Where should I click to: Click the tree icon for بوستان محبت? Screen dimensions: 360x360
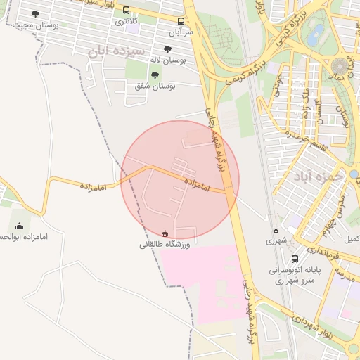point(36,14)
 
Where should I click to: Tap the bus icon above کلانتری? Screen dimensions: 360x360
point(127,11)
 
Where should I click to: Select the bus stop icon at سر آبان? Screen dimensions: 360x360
point(181,22)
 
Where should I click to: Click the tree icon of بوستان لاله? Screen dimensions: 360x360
point(167,49)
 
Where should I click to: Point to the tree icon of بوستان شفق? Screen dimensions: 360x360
point(155,75)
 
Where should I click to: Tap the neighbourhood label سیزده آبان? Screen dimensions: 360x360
point(117,51)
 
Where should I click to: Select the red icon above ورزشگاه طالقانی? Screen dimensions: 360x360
point(165,233)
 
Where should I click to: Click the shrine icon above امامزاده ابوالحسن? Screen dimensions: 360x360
point(19,226)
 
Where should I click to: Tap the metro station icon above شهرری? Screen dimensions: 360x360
point(275,229)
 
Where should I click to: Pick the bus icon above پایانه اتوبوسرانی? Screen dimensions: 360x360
point(294,259)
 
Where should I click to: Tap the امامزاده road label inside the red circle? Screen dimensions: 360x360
point(198,185)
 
